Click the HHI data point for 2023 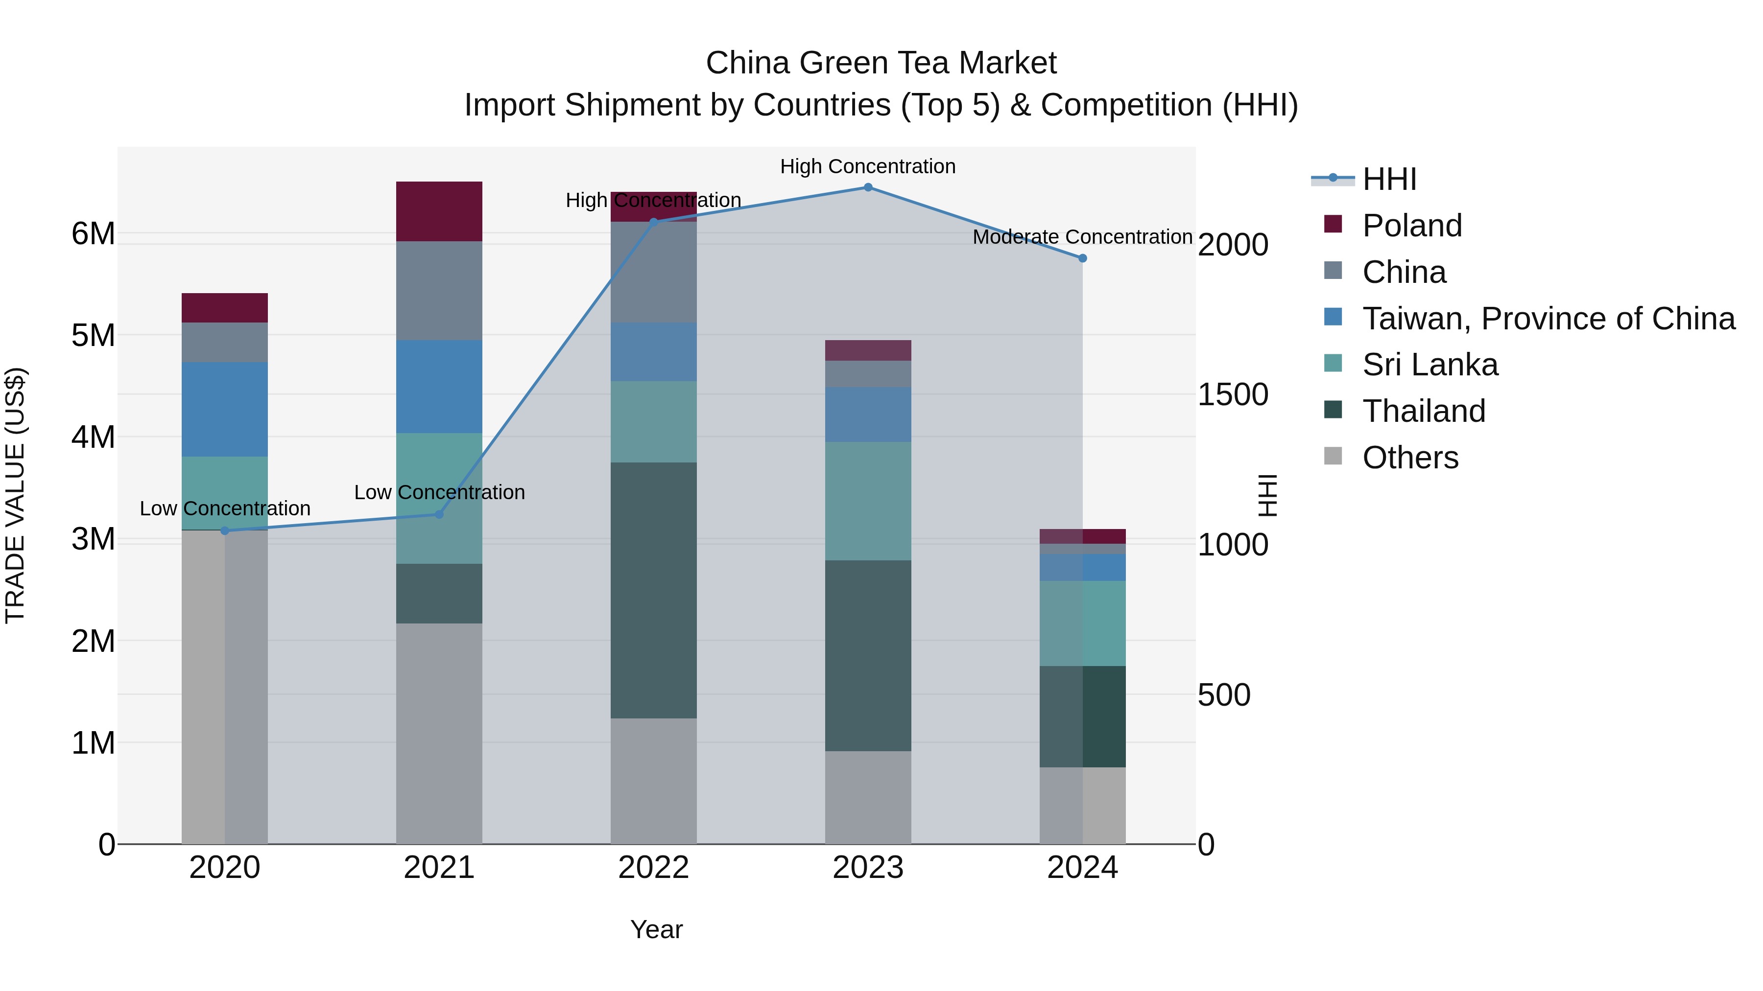click(868, 187)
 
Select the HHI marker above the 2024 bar click(1082, 258)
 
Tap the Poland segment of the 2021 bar click(439, 211)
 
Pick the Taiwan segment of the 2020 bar click(224, 409)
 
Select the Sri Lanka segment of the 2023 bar click(868, 501)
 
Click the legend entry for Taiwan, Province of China click(1548, 318)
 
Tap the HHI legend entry click(1389, 179)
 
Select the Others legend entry click(1410, 458)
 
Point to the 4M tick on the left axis click(93, 437)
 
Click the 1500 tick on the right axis click(1233, 394)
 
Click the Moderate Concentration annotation click(1082, 237)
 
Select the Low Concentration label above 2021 click(439, 492)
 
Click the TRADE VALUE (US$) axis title click(15, 495)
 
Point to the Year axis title click(656, 929)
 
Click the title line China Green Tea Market click(881, 63)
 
